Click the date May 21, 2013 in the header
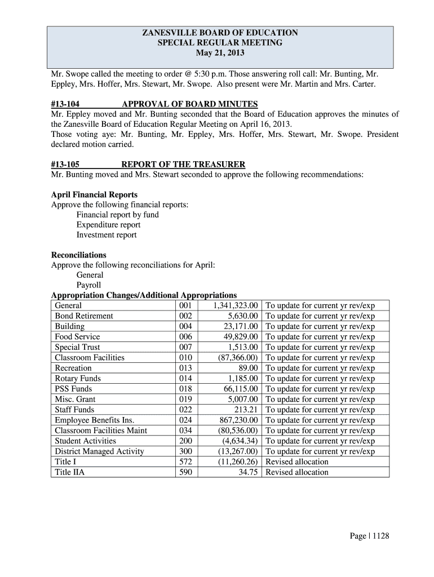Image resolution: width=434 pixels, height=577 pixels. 220,54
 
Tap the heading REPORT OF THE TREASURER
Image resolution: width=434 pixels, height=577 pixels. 183,165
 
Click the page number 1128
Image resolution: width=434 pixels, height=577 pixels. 378,536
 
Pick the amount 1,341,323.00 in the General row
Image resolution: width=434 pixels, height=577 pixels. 236,305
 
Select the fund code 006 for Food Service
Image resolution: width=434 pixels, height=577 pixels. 185,337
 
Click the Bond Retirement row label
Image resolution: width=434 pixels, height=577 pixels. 84,316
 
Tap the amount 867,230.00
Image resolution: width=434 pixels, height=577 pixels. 238,420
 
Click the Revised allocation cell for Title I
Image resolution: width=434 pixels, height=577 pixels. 296,462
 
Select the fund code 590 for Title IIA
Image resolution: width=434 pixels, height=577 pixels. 185,472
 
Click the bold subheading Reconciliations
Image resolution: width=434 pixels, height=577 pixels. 78,255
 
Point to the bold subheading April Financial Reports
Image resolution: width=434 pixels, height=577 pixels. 94,194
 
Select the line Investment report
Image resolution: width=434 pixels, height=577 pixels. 107,235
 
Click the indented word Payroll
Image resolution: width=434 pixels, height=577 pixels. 88,285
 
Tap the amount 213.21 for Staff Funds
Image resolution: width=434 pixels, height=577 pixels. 246,410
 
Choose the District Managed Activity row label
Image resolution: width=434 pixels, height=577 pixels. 99,451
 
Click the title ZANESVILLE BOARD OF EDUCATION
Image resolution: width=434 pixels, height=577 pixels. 220,33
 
